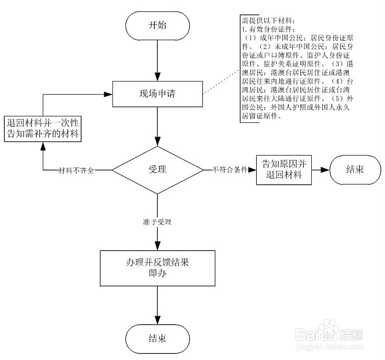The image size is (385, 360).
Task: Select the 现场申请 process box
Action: click(157, 93)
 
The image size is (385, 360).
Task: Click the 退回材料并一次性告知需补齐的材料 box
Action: click(43, 129)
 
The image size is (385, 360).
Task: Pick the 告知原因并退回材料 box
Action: click(284, 170)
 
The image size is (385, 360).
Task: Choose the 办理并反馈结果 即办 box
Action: click(157, 268)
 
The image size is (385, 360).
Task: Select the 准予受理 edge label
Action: click(157, 222)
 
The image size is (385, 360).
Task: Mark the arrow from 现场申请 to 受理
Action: click(157, 126)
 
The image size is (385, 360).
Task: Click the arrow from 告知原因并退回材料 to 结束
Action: click(320, 170)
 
